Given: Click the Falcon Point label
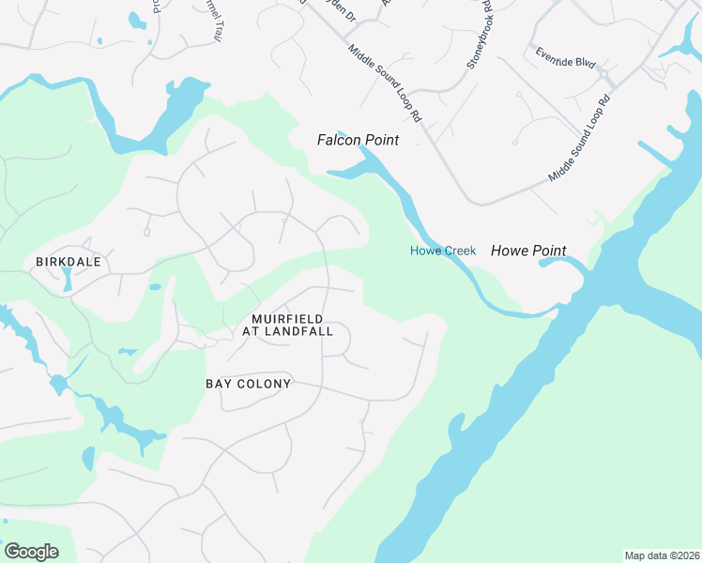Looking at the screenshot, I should pyautogui.click(x=357, y=140).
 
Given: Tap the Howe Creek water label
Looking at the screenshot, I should pyautogui.click(x=443, y=251).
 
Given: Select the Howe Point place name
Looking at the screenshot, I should pyautogui.click(x=528, y=251).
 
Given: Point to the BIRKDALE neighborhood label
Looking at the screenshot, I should pyautogui.click(x=68, y=262).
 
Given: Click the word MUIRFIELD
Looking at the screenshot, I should pyautogui.click(x=287, y=319).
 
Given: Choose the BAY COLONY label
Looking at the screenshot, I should pyautogui.click(x=249, y=384).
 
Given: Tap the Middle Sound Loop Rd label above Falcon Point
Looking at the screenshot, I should pyautogui.click(x=385, y=84).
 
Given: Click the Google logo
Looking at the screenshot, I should pyautogui.click(x=31, y=552).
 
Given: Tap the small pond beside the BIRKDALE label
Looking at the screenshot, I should pyautogui.click(x=67, y=279).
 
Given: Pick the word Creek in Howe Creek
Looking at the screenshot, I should pyautogui.click(x=457, y=251).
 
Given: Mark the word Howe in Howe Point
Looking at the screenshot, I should pyautogui.click(x=510, y=251).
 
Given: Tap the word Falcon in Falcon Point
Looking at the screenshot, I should pyautogui.click(x=337, y=140).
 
